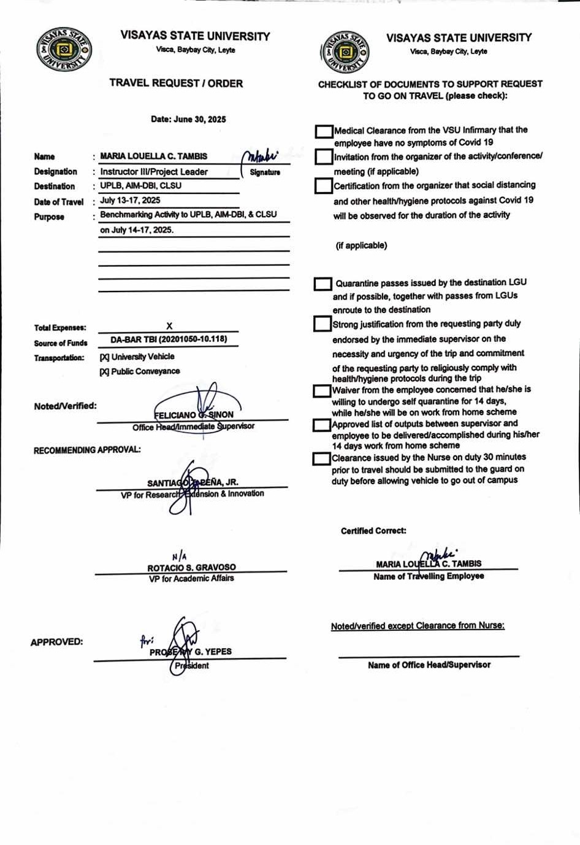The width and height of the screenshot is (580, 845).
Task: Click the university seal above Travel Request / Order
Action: point(64,48)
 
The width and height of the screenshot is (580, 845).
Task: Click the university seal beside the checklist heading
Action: point(345,52)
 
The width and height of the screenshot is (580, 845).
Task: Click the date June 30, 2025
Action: point(188,119)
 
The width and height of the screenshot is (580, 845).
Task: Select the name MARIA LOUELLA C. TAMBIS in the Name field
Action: point(153,156)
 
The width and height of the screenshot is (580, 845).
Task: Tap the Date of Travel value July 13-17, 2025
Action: point(130,200)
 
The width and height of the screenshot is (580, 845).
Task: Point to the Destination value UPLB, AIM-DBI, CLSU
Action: point(140,185)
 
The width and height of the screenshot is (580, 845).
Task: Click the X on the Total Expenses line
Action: point(169,326)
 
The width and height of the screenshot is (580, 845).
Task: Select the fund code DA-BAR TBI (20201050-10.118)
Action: point(169,339)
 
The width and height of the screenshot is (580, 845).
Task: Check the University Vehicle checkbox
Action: point(104,357)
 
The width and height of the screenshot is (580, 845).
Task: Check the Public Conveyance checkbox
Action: point(104,371)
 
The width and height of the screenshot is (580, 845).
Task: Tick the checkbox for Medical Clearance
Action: point(324,131)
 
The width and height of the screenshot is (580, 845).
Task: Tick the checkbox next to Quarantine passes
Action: point(322,284)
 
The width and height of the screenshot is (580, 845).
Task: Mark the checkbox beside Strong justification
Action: point(322,324)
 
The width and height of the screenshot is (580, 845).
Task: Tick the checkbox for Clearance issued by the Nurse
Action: point(321,458)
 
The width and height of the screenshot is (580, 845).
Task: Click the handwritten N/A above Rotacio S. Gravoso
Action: point(179,557)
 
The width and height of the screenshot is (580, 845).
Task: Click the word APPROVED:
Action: point(56,642)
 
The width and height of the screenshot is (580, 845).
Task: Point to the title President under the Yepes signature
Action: point(192,666)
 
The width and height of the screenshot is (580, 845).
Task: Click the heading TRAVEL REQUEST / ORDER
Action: point(176,83)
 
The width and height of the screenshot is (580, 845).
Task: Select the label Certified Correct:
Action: point(373,531)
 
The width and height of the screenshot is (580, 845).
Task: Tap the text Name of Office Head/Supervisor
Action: point(429,665)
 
